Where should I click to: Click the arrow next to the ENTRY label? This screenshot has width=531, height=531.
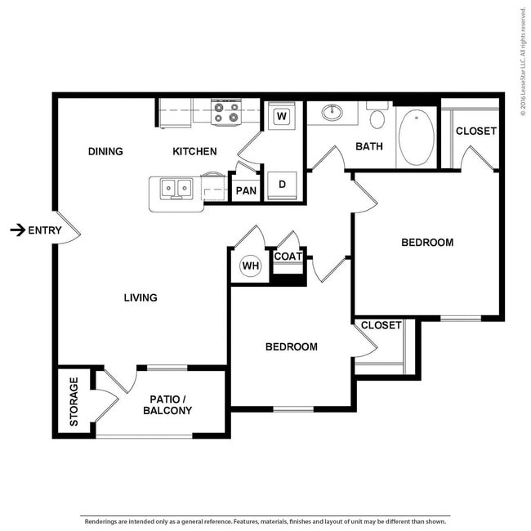(x=16, y=230)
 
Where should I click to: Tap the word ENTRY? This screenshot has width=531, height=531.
(x=45, y=230)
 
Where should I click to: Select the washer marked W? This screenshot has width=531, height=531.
(x=282, y=116)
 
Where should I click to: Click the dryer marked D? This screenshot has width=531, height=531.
(x=282, y=184)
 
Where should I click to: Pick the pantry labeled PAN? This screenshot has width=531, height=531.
(x=245, y=191)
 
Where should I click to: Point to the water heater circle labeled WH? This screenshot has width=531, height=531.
(x=249, y=265)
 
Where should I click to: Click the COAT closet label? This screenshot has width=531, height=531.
(x=288, y=257)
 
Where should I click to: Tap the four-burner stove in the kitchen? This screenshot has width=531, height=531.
(x=225, y=113)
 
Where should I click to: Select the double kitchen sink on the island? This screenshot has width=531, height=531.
(x=176, y=189)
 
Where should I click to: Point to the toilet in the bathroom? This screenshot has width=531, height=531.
(x=377, y=118)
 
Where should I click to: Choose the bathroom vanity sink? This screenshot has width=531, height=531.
(x=332, y=113)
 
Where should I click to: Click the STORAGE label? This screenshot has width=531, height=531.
(x=74, y=401)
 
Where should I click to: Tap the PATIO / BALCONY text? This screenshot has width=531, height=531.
(x=167, y=404)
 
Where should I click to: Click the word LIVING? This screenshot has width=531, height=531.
(x=141, y=297)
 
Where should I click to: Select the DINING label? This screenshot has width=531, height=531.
(x=105, y=151)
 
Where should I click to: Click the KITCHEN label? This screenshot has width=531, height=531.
(x=194, y=151)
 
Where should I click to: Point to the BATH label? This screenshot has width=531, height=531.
(x=369, y=146)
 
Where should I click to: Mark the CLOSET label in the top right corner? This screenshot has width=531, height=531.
(x=475, y=131)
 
